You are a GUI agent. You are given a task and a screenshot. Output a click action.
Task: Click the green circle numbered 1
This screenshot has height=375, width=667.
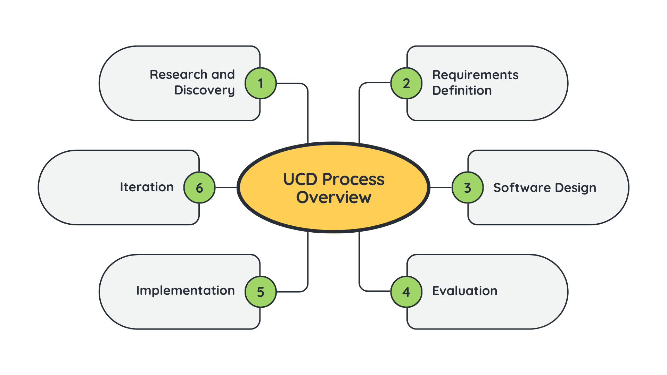[261, 83]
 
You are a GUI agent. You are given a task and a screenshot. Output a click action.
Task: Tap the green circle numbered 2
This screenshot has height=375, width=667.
[406, 83]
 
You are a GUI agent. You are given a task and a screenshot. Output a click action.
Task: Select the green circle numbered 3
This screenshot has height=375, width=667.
[468, 187]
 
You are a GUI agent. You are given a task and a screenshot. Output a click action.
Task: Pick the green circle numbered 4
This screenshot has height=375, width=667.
[406, 292]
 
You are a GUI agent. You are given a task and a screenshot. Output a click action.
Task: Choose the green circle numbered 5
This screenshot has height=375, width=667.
[261, 292]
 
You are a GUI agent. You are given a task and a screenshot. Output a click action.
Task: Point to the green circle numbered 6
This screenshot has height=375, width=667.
[199, 187]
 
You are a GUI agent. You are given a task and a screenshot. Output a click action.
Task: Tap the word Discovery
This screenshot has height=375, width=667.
[204, 90]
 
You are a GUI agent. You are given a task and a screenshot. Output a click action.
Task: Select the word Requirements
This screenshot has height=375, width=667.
[475, 75]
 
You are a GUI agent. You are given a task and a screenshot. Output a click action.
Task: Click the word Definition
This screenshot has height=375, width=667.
[462, 91]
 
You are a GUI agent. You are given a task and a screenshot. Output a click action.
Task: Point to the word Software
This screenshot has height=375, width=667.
[522, 187]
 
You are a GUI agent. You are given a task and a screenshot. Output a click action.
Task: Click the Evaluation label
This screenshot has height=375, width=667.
[464, 291]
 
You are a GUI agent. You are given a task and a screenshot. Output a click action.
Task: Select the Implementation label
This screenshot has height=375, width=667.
[185, 290]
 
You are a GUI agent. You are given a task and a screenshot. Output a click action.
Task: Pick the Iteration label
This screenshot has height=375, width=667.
[147, 187]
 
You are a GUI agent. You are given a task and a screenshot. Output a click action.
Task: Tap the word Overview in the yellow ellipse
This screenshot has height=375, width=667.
[333, 197]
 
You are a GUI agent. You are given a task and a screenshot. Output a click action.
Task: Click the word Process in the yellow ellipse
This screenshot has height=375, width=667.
[353, 180]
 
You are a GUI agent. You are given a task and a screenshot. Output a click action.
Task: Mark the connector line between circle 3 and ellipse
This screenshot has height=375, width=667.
[441, 187]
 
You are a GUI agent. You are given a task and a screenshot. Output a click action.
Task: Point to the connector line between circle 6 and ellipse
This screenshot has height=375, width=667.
[226, 187]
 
